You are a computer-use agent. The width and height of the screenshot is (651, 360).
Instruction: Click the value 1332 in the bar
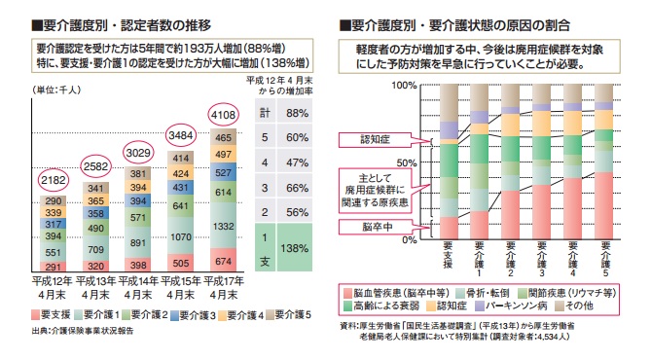[x=225, y=226]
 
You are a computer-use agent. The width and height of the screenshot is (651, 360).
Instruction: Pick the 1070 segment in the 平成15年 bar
[x=182, y=236]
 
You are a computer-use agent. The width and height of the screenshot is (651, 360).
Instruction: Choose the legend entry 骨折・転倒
[x=483, y=290]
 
